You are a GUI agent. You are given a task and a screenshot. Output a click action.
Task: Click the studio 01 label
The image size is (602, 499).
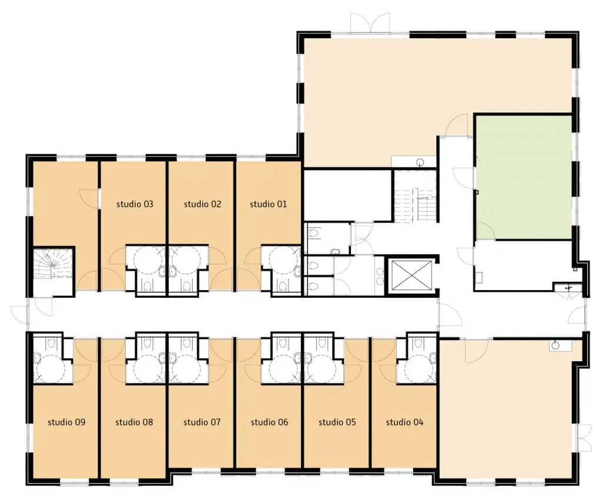[268, 204]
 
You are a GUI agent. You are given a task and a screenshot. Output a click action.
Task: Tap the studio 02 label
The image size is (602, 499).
[202, 204]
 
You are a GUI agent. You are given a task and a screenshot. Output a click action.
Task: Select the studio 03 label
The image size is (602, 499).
[135, 204]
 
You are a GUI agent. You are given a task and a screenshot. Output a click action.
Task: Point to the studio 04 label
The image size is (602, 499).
[404, 422]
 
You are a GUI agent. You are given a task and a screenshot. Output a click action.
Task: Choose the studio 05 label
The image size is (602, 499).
[337, 422]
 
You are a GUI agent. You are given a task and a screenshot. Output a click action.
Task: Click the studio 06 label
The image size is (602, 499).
[269, 422]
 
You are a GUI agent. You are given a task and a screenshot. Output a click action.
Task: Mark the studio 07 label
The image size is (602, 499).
[202, 422]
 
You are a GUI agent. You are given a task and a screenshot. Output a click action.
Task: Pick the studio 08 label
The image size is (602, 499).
[134, 422]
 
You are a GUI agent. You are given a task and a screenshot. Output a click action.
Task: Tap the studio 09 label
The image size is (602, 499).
[66, 422]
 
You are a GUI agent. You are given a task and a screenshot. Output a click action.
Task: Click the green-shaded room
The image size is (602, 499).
[524, 178]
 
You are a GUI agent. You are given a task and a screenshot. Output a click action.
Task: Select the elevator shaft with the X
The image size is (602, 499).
[411, 274]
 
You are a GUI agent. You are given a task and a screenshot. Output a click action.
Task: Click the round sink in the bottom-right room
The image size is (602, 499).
[555, 345]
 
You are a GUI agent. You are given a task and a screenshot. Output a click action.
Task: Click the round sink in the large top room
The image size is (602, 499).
[421, 162]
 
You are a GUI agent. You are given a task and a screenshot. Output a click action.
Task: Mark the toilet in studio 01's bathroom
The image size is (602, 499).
[282, 285]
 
